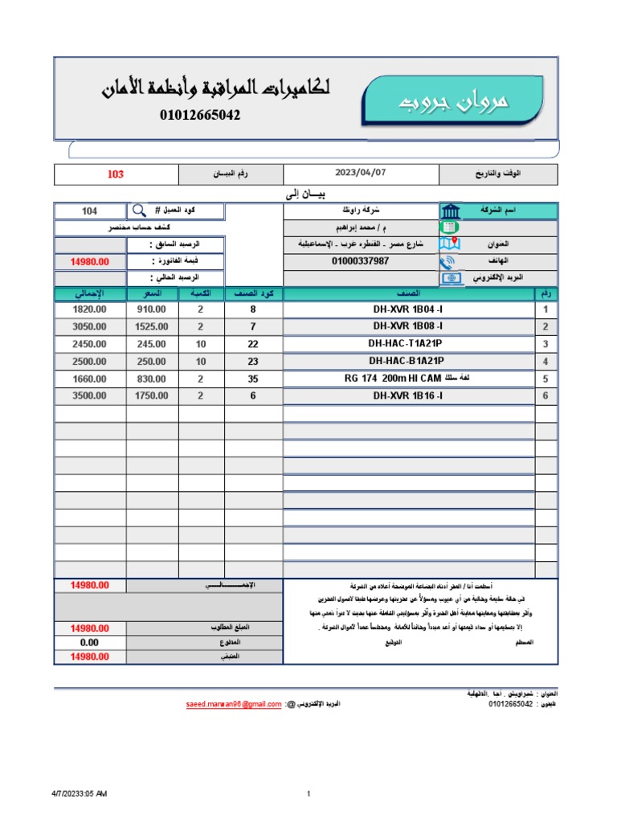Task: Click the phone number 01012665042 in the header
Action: pyautogui.click(x=201, y=115)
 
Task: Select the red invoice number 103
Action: pyautogui.click(x=116, y=174)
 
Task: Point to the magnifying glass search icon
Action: pyautogui.click(x=139, y=211)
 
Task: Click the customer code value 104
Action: pyautogui.click(x=90, y=211)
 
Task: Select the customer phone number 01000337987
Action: pyautogui.click(x=361, y=261)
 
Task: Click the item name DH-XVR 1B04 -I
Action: pyautogui.click(x=407, y=309)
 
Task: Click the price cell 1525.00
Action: pyautogui.click(x=152, y=326)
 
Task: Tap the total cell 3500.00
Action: pyautogui.click(x=89, y=396)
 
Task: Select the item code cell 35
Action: pyautogui.click(x=253, y=379)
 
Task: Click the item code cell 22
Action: pyautogui.click(x=253, y=344)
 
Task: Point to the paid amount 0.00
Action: pyautogui.click(x=89, y=642)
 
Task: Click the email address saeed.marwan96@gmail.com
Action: pyautogui.click(x=233, y=704)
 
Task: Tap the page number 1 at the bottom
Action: pyautogui.click(x=308, y=794)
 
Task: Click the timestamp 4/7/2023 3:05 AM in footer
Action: pyautogui.click(x=79, y=794)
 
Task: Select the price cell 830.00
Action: pyautogui.click(x=152, y=379)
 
